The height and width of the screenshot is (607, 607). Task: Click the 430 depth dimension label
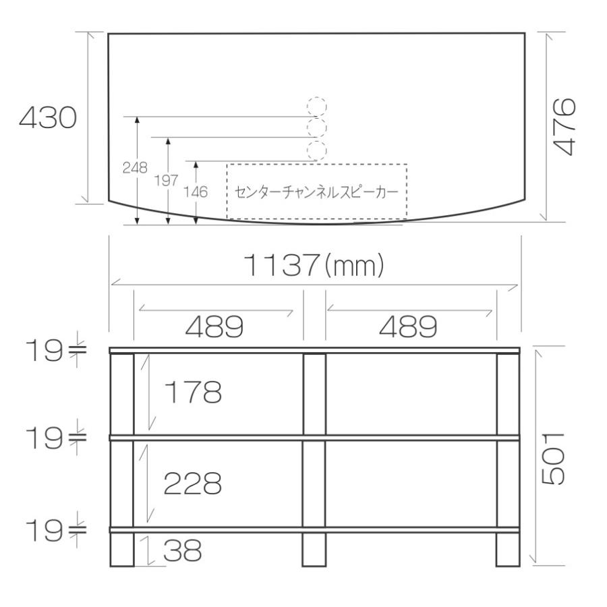(x=48, y=119)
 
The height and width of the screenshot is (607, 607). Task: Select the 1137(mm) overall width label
(x=313, y=266)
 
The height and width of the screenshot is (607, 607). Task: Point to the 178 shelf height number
(x=193, y=392)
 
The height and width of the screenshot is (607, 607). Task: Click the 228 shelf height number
(x=193, y=483)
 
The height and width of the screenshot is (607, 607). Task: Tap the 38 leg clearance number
(x=183, y=552)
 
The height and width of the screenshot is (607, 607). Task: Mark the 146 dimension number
(x=196, y=192)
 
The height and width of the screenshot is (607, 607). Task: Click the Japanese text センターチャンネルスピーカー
(x=316, y=192)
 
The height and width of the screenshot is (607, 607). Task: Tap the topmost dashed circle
(x=317, y=107)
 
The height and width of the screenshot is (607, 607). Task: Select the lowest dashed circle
(x=317, y=150)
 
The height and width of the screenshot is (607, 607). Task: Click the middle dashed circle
(x=317, y=127)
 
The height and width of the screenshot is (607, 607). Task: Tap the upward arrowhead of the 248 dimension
(x=137, y=121)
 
